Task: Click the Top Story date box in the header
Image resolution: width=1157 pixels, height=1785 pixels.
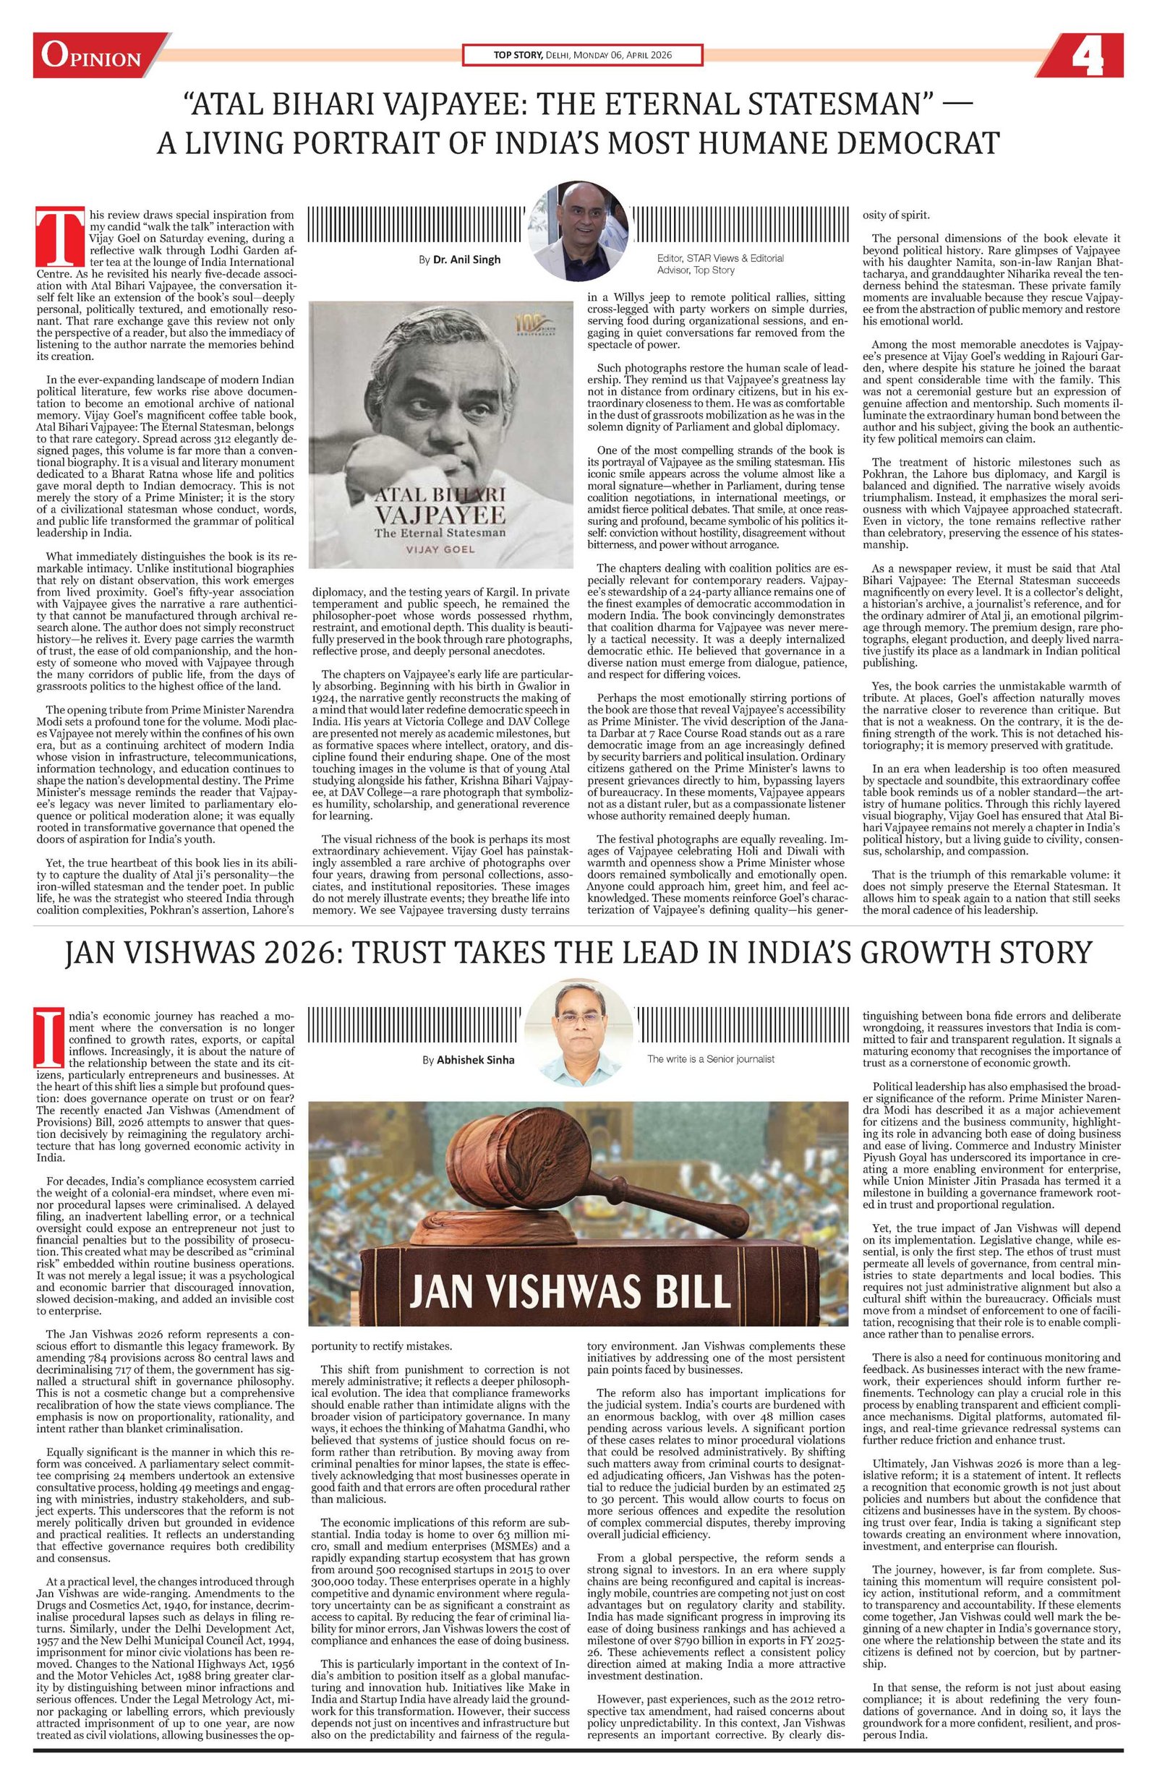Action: tap(582, 56)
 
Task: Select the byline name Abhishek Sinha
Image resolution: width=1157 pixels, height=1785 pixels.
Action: tap(474, 1061)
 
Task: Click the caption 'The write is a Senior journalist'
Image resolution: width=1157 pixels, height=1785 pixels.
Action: tap(710, 1059)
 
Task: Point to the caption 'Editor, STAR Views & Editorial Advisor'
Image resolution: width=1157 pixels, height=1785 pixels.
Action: tap(720, 263)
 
